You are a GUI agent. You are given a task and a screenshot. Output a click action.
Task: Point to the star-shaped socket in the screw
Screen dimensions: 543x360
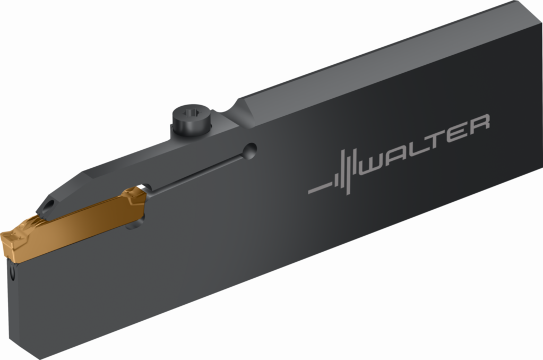(192, 112)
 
